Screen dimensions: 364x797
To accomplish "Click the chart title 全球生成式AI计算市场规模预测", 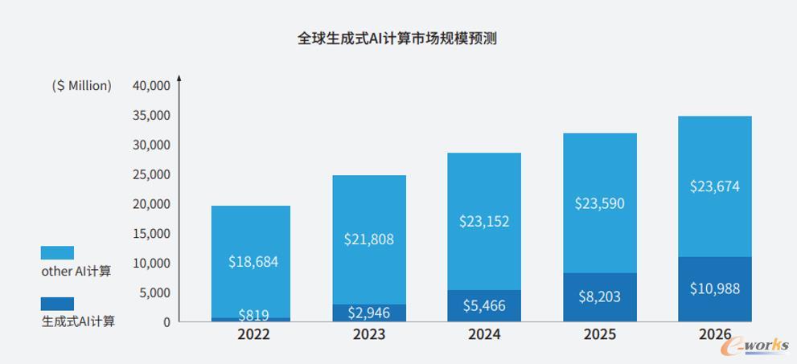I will [397, 38].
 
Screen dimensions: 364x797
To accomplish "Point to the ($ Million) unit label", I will [81, 85].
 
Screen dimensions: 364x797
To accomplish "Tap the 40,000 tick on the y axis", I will [150, 85].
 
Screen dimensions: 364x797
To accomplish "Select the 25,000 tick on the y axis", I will [150, 174].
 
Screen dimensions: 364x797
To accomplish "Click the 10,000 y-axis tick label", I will [150, 263].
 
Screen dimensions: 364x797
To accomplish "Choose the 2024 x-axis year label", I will [484, 334].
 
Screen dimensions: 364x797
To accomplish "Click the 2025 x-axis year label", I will [599, 334].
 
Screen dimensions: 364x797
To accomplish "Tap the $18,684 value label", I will [253, 262].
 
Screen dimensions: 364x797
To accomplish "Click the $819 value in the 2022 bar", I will [253, 315].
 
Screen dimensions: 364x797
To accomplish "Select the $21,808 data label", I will [369, 239].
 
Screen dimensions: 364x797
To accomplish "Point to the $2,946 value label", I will [369, 313].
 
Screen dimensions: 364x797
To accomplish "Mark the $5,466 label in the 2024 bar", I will [484, 305].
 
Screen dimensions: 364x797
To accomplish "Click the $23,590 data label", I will [599, 203].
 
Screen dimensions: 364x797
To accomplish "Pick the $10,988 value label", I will [714, 288].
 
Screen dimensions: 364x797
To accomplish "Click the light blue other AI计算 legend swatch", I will [57, 253].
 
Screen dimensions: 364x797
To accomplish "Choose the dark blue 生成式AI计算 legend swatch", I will [57, 304].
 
